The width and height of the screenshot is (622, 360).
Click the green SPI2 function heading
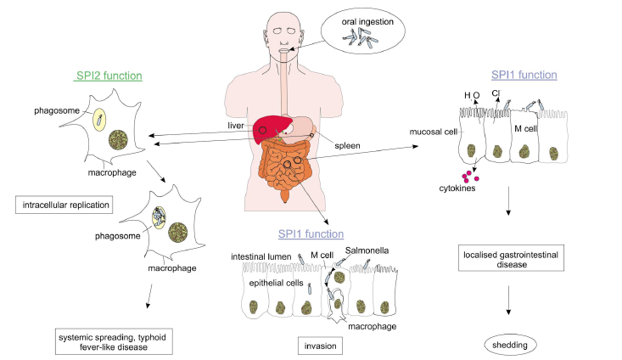[x=108, y=76]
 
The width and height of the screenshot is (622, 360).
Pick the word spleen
[x=345, y=145]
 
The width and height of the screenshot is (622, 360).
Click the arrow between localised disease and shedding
[x=508, y=298]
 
